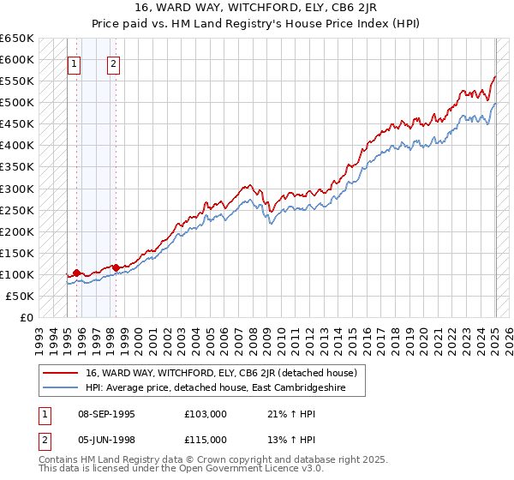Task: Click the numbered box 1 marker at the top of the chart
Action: pyautogui.click(x=74, y=63)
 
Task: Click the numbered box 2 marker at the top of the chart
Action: pyautogui.click(x=113, y=63)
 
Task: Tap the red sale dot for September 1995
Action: pyautogui.click(x=76, y=273)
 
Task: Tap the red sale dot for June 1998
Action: pyautogui.click(x=116, y=267)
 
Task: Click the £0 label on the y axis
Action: pyautogui.click(x=27, y=317)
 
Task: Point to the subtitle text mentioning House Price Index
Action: pyautogui.click(x=256, y=24)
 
